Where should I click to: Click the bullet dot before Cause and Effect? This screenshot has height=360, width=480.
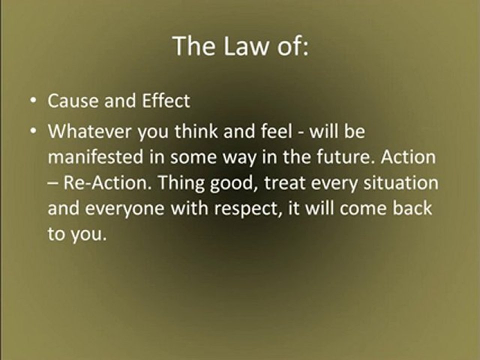(x=32, y=101)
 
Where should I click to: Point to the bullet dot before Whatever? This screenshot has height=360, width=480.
(x=32, y=132)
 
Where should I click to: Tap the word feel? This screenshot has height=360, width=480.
(x=277, y=132)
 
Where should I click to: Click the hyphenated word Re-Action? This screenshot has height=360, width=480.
(x=106, y=183)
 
